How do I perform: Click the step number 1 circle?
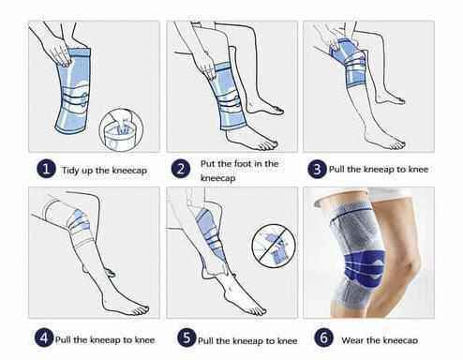(46, 169)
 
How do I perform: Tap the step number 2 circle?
(181, 169)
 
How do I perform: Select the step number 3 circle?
(317, 169)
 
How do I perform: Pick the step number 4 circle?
(44, 337)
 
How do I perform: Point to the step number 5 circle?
(187, 337)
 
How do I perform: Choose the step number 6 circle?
(323, 337)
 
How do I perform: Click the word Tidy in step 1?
(70, 171)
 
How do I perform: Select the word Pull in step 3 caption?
(336, 169)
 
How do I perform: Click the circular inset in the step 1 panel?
(121, 129)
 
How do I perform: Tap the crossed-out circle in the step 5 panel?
(274, 246)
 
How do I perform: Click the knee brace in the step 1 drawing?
(73, 91)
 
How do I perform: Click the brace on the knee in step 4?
(78, 222)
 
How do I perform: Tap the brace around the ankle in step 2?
(227, 96)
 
